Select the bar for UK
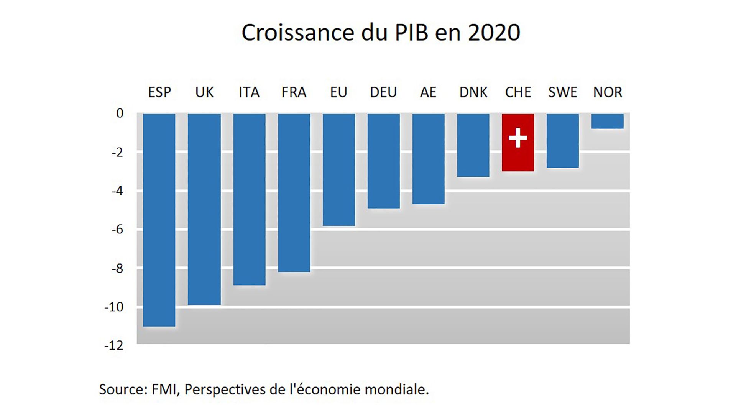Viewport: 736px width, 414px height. [x=204, y=209]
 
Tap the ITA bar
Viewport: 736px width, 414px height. [x=249, y=199]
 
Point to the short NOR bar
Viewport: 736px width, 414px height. [x=607, y=121]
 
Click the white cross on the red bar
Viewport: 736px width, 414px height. [x=518, y=138]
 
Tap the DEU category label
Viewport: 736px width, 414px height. [x=383, y=92]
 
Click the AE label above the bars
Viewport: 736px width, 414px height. [x=428, y=92]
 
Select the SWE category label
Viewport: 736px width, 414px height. [x=562, y=92]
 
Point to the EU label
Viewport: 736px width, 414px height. [x=338, y=92]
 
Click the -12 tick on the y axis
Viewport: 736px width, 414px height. [x=114, y=345]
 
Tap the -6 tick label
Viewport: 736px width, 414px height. [x=117, y=230]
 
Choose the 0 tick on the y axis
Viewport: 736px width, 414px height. [x=120, y=113]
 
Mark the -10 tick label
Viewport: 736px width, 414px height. [x=114, y=307]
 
